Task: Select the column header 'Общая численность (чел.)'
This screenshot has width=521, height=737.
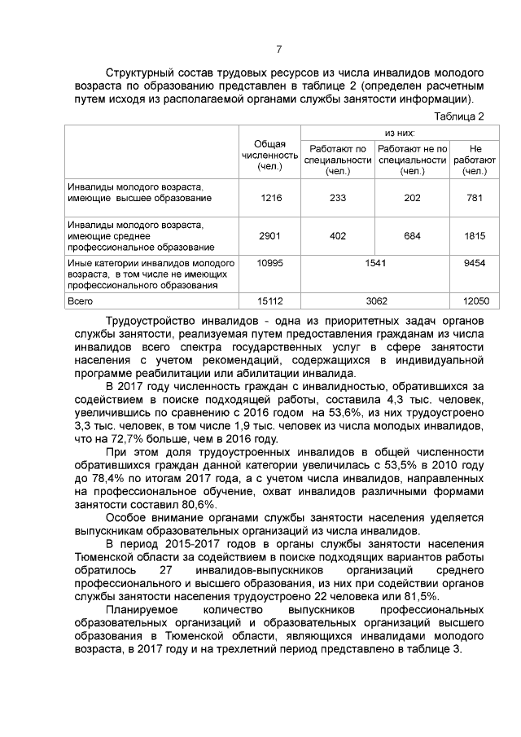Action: click(270, 154)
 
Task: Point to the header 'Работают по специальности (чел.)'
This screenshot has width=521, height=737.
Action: click(337, 160)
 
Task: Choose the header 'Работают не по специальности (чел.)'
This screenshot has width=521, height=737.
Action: click(413, 160)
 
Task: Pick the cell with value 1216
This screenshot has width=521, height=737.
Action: click(270, 198)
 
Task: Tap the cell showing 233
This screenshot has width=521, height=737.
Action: click(337, 198)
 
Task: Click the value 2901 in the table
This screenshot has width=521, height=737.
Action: click(270, 236)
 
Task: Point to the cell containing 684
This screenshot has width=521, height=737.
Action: click(413, 236)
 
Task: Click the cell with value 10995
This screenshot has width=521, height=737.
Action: click(270, 265)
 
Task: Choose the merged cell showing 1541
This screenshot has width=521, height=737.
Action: click(375, 265)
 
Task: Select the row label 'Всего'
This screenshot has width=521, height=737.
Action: click(80, 301)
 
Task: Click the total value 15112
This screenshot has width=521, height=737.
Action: click(270, 301)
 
